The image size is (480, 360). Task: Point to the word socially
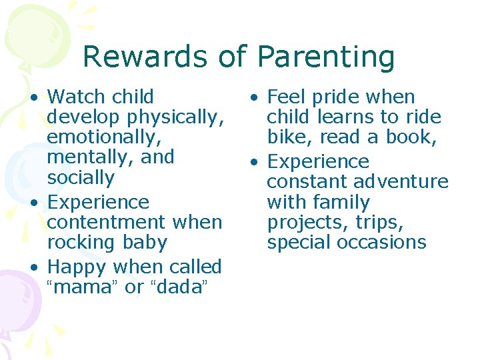point(81,178)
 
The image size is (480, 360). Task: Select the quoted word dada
point(180,287)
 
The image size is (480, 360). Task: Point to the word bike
point(289,137)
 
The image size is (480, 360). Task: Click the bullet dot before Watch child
point(33,98)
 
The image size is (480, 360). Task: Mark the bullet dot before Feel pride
point(255,98)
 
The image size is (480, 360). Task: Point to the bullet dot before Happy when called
point(33,269)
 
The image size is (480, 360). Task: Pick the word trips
point(381,222)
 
